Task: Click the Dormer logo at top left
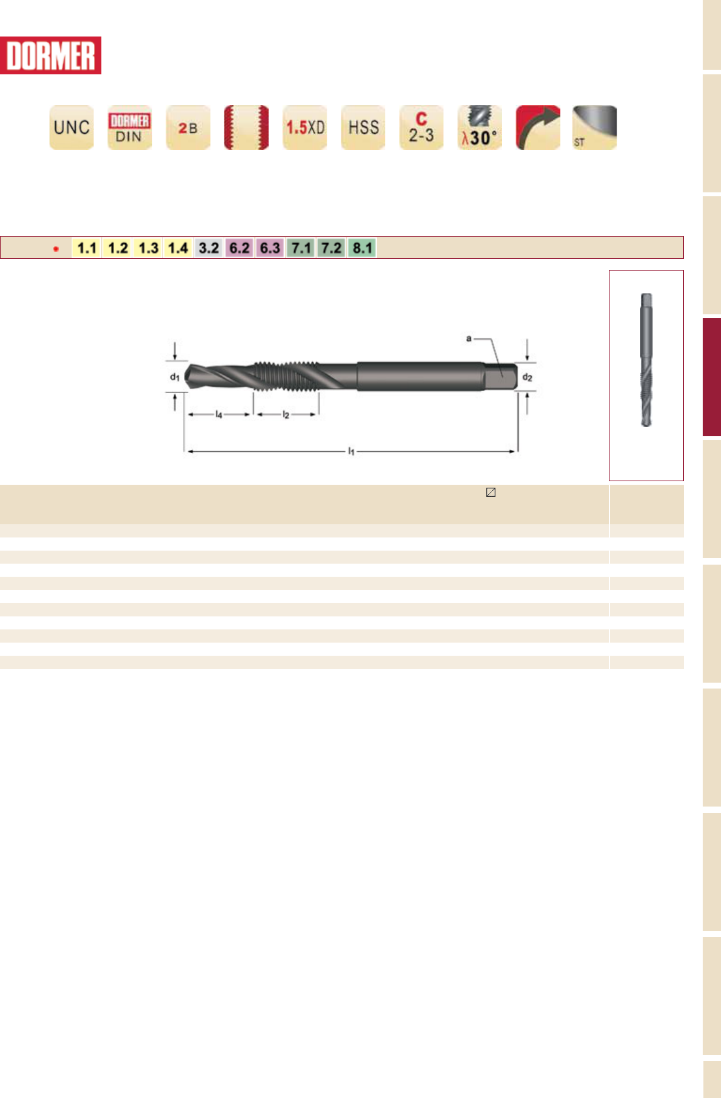click(x=50, y=55)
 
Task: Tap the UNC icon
click(x=72, y=127)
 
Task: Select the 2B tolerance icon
click(x=188, y=127)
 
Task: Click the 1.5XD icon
click(x=305, y=127)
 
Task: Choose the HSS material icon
click(x=363, y=127)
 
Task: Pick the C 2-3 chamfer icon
click(x=422, y=127)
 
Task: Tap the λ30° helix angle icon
click(x=480, y=127)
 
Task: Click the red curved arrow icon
click(x=538, y=127)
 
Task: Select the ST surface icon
click(x=595, y=127)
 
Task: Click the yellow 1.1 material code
click(x=87, y=248)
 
